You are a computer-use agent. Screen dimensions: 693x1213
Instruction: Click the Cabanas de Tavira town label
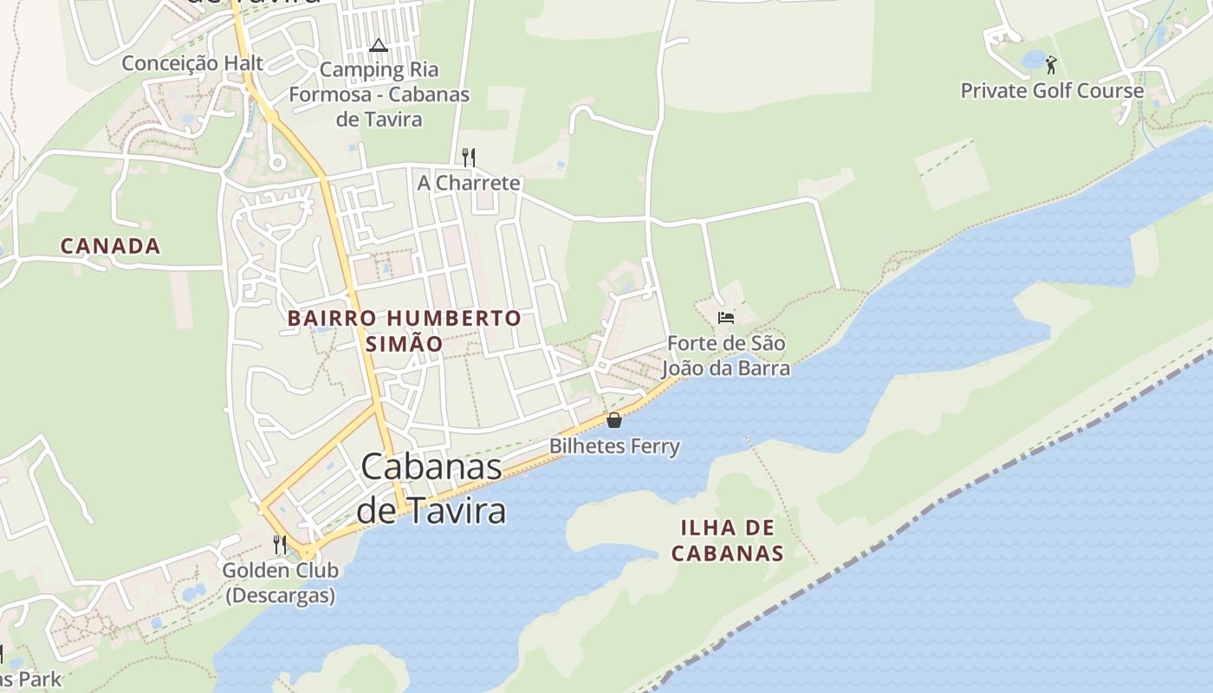431,489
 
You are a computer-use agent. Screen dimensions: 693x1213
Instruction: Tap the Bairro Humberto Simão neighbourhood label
404,330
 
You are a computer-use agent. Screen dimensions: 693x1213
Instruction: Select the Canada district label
110,246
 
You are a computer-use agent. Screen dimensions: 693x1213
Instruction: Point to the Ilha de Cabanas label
728,540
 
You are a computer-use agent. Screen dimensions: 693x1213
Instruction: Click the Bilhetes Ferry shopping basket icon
614,421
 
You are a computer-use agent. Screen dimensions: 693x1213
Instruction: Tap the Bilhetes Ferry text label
614,447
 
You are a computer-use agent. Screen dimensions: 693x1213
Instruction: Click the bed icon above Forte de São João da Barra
726,318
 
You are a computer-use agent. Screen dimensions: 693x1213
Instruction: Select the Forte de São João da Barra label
726,356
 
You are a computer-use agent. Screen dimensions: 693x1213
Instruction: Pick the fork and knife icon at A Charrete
469,157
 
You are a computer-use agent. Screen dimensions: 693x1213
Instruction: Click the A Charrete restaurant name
469,183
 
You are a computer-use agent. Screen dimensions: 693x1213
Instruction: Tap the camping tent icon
378,45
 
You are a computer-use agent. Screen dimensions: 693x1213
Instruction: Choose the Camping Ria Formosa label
379,94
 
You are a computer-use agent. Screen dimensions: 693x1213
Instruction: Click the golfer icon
1051,65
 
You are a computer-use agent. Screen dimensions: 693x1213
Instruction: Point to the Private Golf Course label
1052,91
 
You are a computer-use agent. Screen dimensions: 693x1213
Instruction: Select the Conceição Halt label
192,63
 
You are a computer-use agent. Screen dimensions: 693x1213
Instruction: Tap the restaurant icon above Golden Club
280,545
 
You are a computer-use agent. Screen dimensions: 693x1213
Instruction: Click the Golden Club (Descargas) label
280,583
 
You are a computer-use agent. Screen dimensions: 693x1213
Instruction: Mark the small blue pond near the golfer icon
1034,60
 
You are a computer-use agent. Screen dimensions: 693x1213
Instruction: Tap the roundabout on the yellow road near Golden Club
308,551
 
